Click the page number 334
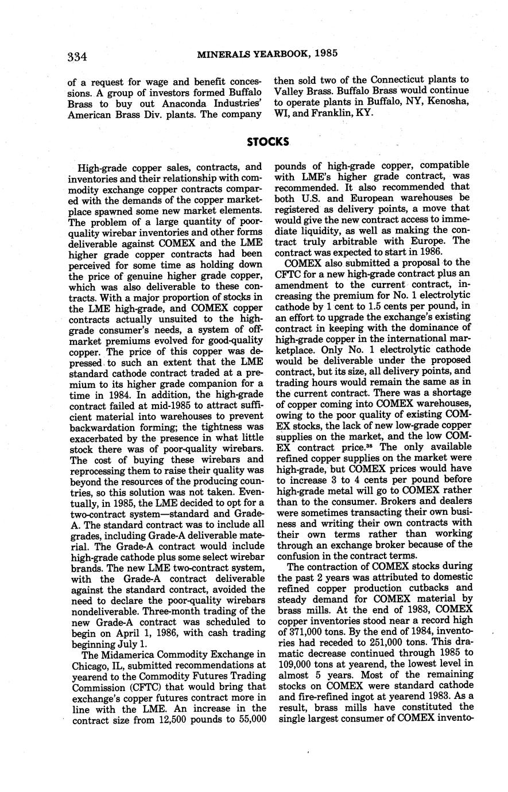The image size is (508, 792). point(77,56)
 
